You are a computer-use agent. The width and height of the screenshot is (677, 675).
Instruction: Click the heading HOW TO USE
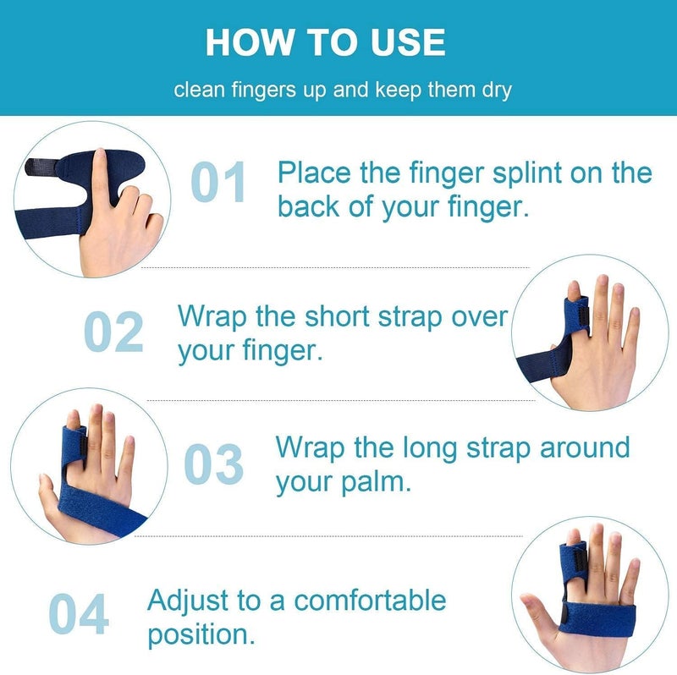point(326,41)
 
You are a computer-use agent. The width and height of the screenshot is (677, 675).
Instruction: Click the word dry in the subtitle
point(496,89)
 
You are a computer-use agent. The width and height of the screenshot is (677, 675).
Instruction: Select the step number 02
point(113,332)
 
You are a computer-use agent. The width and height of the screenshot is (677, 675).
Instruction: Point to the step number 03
point(214,465)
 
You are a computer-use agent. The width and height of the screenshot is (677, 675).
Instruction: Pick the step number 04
point(79,614)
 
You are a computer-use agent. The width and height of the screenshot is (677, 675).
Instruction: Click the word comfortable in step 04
point(370,601)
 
